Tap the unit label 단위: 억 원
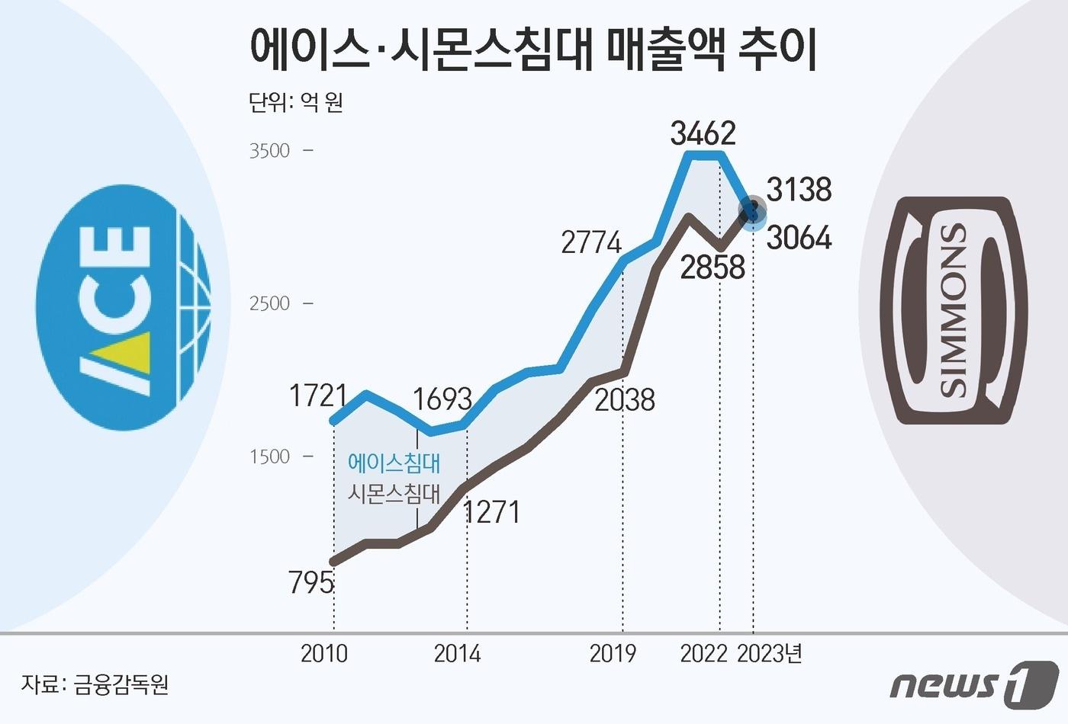[x=296, y=102]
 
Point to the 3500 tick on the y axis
[x=270, y=150]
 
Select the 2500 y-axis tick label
[x=270, y=303]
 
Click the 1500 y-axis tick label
[x=270, y=457]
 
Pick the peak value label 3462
[x=703, y=133]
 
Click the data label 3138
[x=799, y=189]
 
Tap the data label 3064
[x=799, y=238]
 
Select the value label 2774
[x=591, y=242]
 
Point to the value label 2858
[x=713, y=267]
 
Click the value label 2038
[x=624, y=400]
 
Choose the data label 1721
[x=318, y=396]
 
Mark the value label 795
[x=311, y=583]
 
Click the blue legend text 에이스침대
[x=394, y=463]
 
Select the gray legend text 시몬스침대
[x=394, y=494]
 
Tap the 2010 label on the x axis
[x=324, y=654]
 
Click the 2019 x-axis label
[x=613, y=654]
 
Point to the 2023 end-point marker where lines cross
[x=754, y=211]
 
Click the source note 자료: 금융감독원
[x=95, y=684]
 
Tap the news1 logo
[x=974, y=683]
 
